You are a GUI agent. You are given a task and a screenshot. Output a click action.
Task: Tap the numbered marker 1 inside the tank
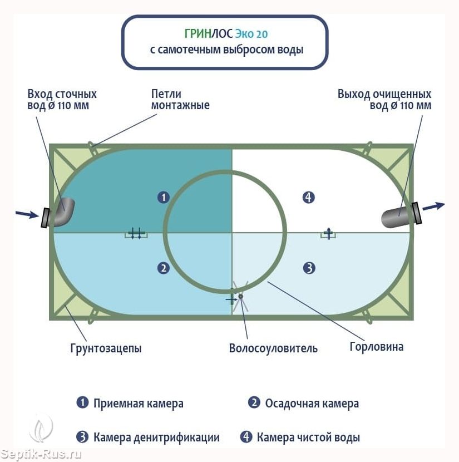(164, 197)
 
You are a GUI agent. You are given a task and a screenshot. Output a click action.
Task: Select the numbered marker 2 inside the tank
(164, 268)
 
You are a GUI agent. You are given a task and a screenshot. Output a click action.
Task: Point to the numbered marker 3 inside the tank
(309, 268)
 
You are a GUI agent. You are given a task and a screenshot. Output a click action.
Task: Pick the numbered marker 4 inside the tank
(309, 197)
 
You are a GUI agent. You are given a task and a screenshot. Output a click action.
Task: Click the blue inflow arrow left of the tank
(27, 214)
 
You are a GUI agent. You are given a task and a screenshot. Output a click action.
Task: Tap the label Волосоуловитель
(273, 348)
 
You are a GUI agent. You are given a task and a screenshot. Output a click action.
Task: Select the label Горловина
(376, 346)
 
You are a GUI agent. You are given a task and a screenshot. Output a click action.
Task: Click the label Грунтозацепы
(106, 348)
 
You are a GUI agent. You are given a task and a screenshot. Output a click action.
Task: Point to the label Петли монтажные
(180, 100)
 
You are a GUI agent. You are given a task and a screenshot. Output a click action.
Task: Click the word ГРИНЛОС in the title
(209, 33)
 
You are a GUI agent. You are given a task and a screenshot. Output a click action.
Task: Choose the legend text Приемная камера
(139, 404)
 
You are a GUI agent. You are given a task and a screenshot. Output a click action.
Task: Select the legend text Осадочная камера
(312, 404)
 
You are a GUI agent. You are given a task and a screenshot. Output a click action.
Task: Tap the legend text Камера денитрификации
(156, 438)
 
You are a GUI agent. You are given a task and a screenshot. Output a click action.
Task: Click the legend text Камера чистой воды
(308, 438)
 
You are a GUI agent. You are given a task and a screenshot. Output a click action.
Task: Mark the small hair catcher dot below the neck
(240, 296)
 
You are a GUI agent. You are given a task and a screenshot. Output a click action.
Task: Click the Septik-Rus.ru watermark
(41, 454)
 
